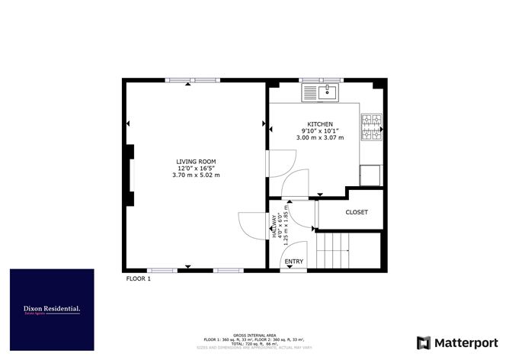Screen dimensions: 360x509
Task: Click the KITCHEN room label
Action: tap(320, 124)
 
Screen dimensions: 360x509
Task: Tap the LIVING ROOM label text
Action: tap(196, 162)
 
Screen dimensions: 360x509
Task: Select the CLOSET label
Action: tap(357, 213)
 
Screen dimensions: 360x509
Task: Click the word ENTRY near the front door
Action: tap(293, 262)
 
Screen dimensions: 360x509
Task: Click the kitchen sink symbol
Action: tap(320, 93)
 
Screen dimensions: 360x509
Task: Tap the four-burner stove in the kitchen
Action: tap(371, 128)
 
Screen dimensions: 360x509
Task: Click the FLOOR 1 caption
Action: tap(139, 279)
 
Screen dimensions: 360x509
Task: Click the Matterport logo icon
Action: tap(424, 343)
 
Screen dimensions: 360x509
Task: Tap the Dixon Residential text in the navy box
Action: tap(52, 308)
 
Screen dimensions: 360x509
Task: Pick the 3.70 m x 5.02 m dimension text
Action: tap(196, 175)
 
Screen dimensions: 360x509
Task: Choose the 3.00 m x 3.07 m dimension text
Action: tap(320, 138)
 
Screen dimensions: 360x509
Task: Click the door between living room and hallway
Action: tap(251, 223)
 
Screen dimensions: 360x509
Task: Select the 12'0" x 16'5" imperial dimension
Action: tap(196, 169)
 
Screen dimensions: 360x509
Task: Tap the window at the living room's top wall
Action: tap(192, 80)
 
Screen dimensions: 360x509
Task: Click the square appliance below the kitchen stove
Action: tap(371, 175)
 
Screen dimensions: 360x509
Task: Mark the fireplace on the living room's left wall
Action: tap(131, 175)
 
